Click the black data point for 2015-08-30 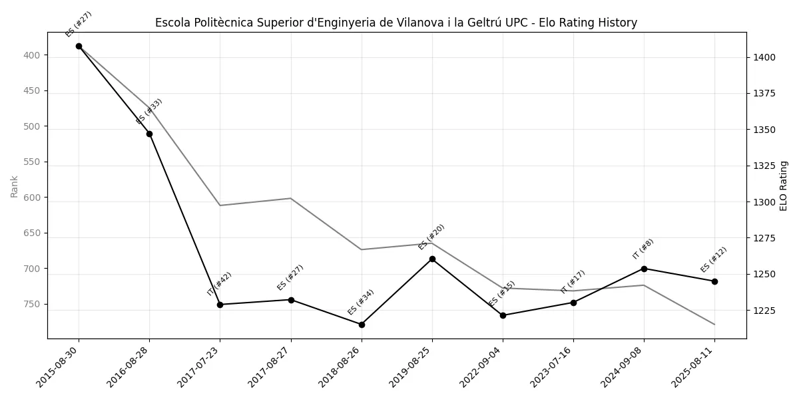(x=79, y=47)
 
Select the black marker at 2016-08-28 (x=149, y=134)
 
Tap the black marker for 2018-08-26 (x=362, y=325)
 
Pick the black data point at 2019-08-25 (x=432, y=259)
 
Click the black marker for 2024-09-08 (x=644, y=269)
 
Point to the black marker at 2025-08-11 (x=714, y=281)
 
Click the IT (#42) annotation (x=219, y=283)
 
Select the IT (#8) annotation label (x=643, y=249)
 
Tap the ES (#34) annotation (x=361, y=302)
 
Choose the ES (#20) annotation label (x=431, y=237)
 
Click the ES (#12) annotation (x=714, y=259)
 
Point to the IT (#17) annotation (x=573, y=282)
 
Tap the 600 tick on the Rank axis (x=32, y=198)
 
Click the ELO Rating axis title (x=784, y=186)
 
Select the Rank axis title (x=14, y=186)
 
